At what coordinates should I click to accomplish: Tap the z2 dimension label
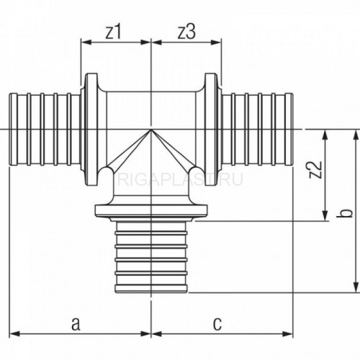pyautogui.click(x=315, y=169)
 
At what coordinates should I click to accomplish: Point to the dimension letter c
pyautogui.click(x=217, y=324)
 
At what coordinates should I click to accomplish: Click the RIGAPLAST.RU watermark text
pyautogui.click(x=180, y=179)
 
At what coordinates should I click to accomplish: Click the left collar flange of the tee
pyautogui.click(x=91, y=130)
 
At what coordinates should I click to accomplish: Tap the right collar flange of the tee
pyautogui.click(x=210, y=130)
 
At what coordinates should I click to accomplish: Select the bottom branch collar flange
pyautogui.click(x=151, y=210)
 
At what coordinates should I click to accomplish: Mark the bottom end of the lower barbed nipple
pyautogui.click(x=151, y=292)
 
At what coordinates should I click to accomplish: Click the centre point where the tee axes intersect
pyautogui.click(x=151, y=130)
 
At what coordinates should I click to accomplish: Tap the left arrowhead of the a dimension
pyautogui.click(x=14, y=334)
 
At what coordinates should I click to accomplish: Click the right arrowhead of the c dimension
pyautogui.click(x=288, y=334)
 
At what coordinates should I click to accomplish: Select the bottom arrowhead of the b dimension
pyautogui.click(x=356, y=287)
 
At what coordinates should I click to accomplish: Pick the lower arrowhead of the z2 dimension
pyautogui.click(x=325, y=215)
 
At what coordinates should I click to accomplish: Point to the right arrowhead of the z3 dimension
pyautogui.click(x=216, y=42)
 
